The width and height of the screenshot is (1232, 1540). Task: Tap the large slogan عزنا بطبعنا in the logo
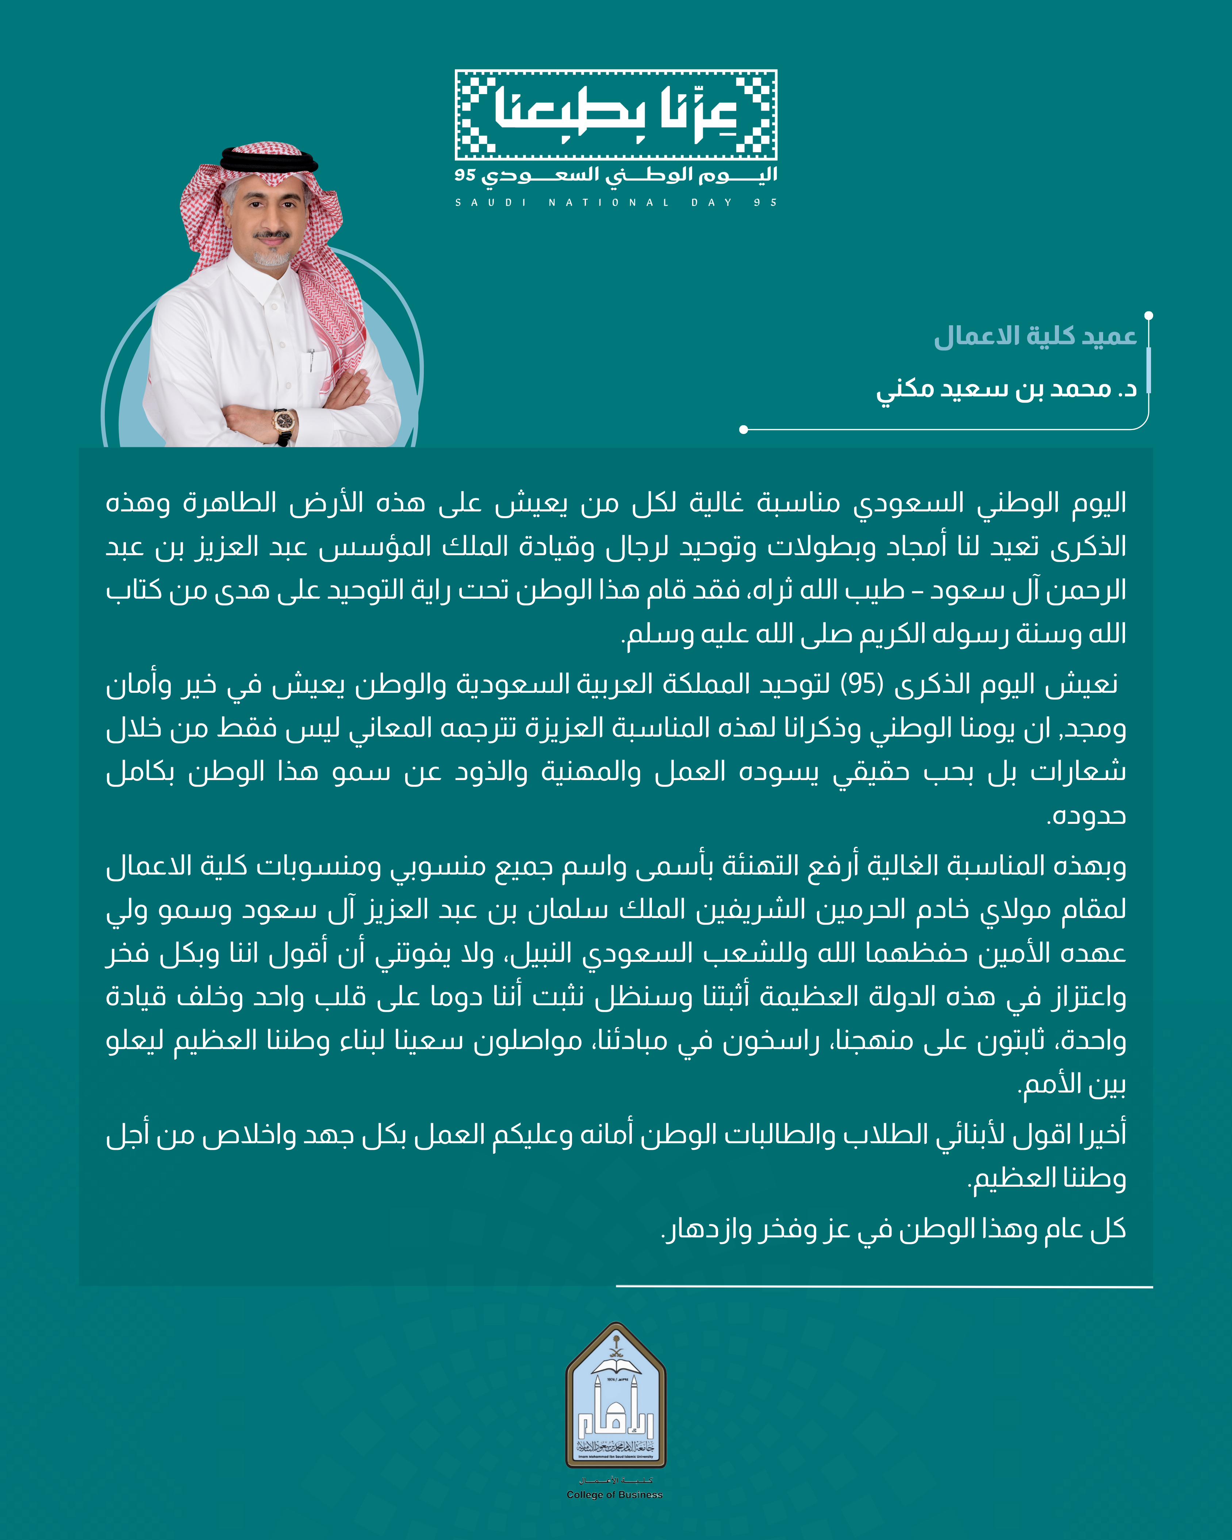[x=616, y=114]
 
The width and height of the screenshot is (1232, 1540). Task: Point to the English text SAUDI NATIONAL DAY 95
[x=616, y=203]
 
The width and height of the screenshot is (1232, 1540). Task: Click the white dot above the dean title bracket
[x=1148, y=315]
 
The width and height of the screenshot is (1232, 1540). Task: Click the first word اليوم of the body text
[x=1100, y=503]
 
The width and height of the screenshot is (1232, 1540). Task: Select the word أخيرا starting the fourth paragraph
[x=1100, y=1134]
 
